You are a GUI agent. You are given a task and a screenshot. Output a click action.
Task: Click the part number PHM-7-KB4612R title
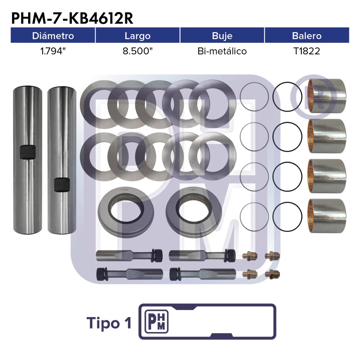click(72, 19)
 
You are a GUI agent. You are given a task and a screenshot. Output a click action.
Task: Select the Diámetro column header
click(53, 36)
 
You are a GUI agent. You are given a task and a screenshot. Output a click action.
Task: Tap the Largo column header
click(137, 36)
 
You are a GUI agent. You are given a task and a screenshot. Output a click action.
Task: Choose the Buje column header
click(222, 36)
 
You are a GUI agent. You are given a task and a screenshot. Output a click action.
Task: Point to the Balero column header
click(307, 36)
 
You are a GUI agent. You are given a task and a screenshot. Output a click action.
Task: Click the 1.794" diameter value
click(53, 51)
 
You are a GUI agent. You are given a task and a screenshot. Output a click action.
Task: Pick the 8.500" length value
click(137, 51)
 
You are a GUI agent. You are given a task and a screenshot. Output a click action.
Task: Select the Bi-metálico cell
click(222, 51)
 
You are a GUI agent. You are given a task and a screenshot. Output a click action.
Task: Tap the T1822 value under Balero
click(307, 51)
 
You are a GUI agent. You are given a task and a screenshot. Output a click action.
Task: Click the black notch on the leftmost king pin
click(28, 152)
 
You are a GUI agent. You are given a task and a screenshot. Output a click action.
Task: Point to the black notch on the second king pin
click(62, 184)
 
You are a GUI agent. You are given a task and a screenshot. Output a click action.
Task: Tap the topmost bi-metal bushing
click(327, 96)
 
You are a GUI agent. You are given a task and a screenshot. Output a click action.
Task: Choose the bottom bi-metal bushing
click(327, 216)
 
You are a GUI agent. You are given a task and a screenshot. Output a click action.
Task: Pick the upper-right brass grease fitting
click(272, 255)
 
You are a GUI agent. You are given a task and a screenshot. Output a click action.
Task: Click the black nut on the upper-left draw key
click(157, 255)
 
